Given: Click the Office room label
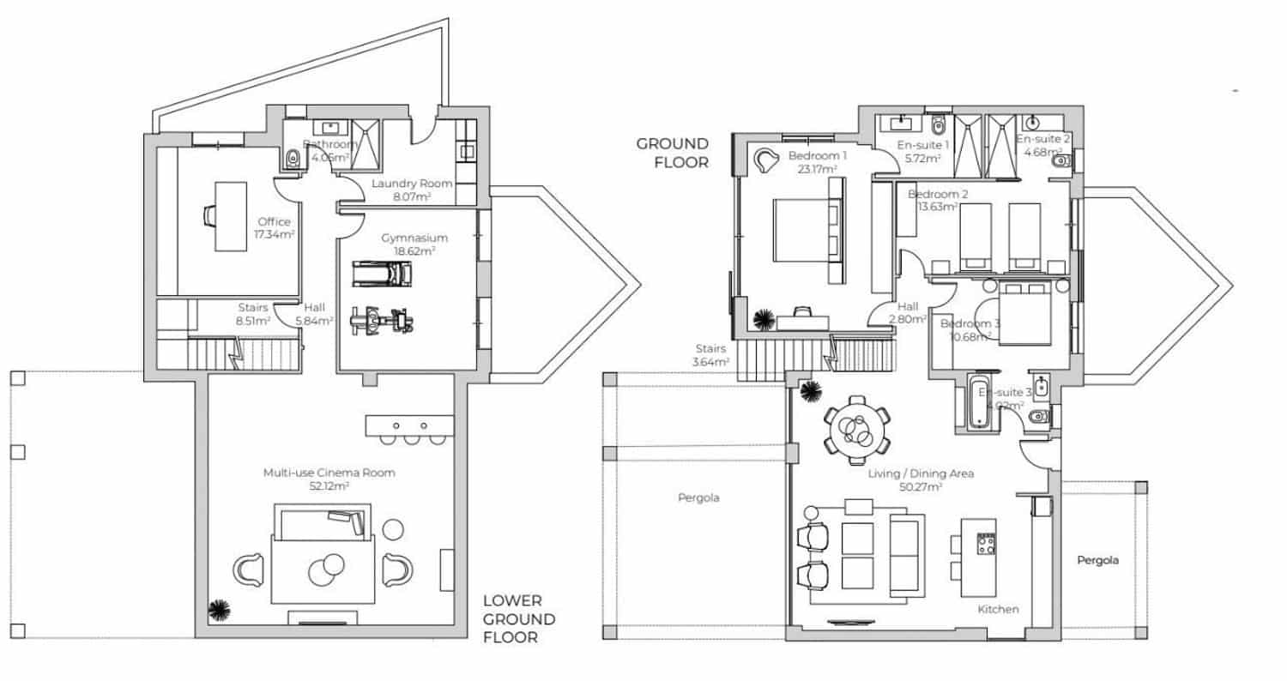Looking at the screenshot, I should click(x=274, y=222).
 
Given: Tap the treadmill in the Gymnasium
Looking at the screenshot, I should click(x=383, y=274).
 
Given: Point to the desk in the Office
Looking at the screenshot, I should click(x=230, y=215).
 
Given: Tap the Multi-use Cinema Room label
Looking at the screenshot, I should click(x=329, y=473).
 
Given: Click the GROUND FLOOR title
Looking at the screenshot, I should click(x=672, y=153).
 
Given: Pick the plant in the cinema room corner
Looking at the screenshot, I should click(x=220, y=610).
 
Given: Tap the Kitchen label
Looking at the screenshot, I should click(x=999, y=609).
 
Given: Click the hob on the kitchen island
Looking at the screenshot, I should click(x=986, y=544).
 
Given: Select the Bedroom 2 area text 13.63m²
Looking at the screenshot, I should click(x=938, y=207).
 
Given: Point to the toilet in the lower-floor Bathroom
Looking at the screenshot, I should click(x=292, y=158).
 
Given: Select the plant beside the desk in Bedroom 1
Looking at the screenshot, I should click(x=762, y=320).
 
